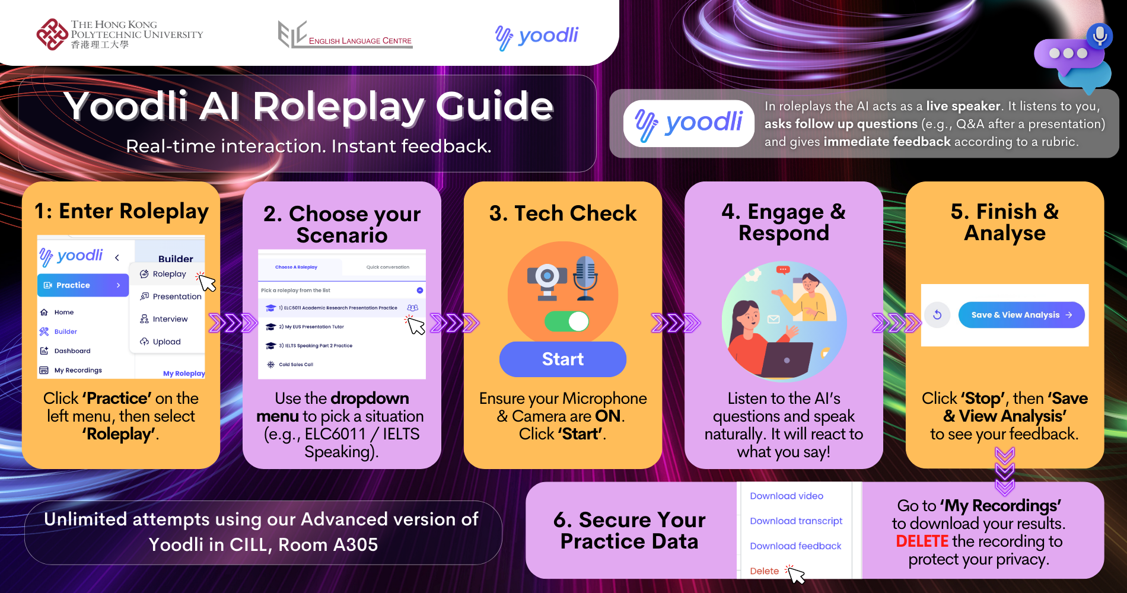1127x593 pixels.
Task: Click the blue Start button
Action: (562, 359)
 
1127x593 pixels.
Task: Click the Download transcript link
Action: (796, 521)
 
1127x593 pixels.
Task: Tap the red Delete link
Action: (764, 571)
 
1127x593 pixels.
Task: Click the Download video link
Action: (787, 496)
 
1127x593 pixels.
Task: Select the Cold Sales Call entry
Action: (290, 365)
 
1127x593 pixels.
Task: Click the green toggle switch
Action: (566, 321)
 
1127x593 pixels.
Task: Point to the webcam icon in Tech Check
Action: (547, 280)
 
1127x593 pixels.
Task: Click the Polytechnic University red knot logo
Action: (52, 34)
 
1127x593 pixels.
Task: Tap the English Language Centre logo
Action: (345, 35)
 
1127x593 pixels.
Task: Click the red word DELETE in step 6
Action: (922, 541)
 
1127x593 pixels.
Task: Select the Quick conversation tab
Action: (387, 267)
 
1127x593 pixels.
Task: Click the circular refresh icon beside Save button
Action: (937, 315)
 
